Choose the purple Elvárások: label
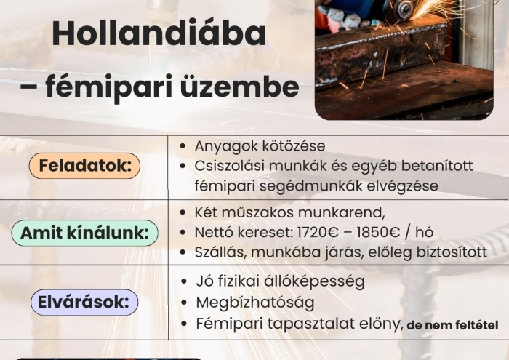[84, 301]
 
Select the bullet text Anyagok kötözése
[260, 146]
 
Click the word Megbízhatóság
[254, 302]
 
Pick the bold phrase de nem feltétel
[452, 324]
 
